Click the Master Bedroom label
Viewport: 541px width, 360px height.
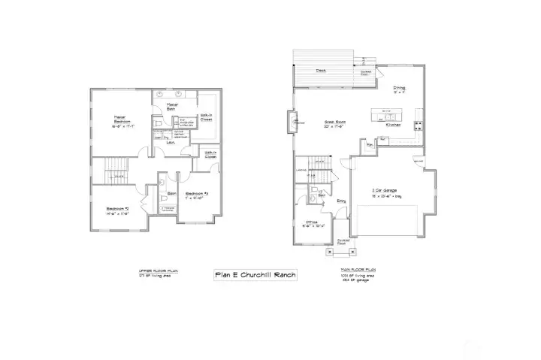pos(119,120)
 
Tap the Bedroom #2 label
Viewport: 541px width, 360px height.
pos(117,210)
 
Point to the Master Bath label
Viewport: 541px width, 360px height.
pos(172,106)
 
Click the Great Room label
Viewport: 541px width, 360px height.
pos(334,123)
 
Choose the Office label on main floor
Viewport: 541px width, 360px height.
pos(309,223)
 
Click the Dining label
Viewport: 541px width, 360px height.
pos(398,89)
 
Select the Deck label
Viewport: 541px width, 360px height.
pos(320,71)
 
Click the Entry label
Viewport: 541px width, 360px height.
pos(340,201)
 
